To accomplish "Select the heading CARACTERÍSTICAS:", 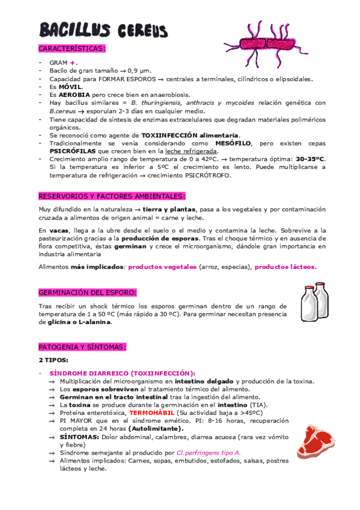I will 72,48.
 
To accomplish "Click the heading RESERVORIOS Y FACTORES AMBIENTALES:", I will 112,196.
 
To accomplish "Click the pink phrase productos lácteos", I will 285,266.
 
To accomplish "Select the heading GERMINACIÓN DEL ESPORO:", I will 87,292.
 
